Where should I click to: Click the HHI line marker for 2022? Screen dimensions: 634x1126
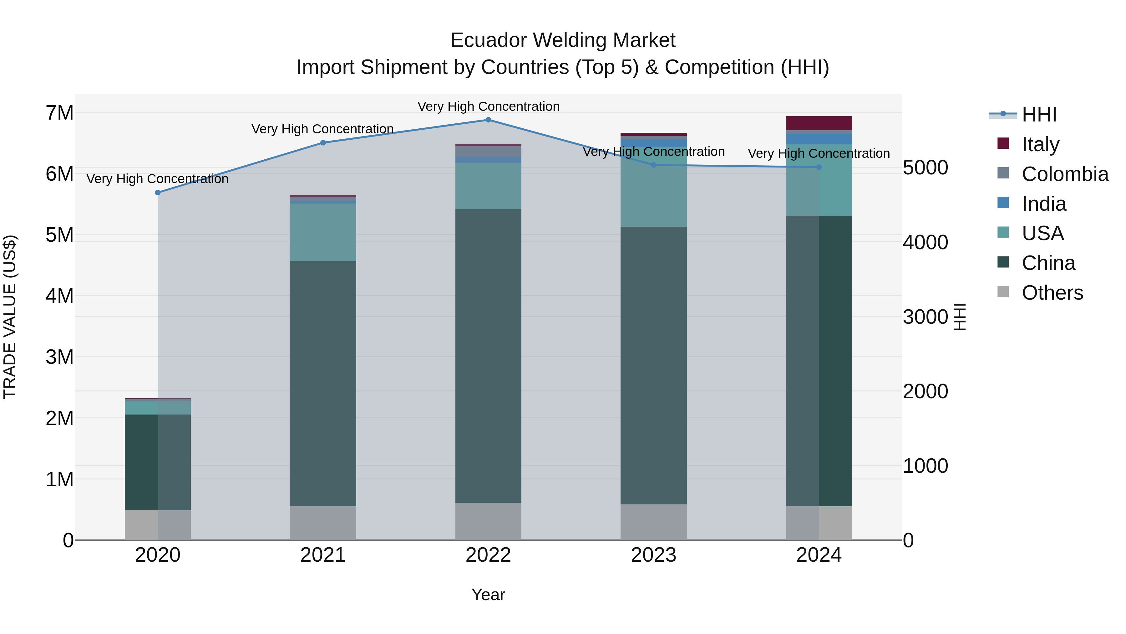[x=488, y=120]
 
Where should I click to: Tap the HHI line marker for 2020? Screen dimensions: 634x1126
[x=158, y=193]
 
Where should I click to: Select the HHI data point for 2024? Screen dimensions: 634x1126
[x=819, y=167]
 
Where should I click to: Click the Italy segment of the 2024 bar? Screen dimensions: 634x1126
[x=819, y=123]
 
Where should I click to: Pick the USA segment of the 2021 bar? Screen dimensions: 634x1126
[x=323, y=232]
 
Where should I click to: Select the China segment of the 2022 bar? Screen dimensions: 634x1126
[x=488, y=356]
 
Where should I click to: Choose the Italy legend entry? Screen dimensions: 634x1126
[x=1040, y=144]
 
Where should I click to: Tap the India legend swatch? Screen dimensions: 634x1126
[x=1003, y=203]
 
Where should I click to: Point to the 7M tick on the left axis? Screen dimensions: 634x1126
[x=59, y=113]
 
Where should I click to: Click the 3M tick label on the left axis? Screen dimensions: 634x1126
[x=59, y=357]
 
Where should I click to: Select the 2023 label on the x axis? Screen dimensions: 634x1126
[x=653, y=555]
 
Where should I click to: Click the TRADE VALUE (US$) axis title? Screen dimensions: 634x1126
[x=10, y=317]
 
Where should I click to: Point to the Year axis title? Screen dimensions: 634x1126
[x=488, y=595]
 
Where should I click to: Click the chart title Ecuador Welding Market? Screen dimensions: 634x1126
[x=563, y=41]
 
